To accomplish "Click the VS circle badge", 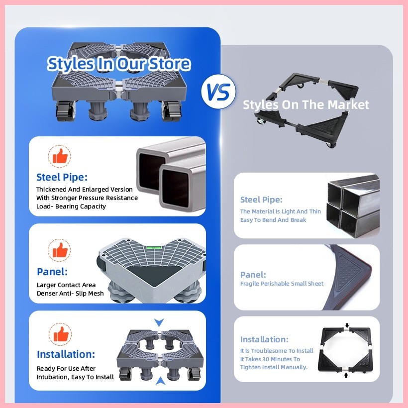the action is pos(218,92).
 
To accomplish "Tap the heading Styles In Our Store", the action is pos(119,64).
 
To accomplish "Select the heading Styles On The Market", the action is pos(306,104).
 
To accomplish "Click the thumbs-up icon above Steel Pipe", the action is pos(60,156).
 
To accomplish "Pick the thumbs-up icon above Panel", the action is pos(60,250).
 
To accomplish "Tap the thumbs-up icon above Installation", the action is pos(60,334).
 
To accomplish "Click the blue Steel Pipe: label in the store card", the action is pos(62,177).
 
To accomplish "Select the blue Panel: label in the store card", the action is pos(52,271).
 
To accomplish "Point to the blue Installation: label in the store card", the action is pos(66,354).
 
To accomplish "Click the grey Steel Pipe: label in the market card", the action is pos(261,200).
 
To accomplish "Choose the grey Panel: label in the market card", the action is pos(253,275).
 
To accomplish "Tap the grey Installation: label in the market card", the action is pos(264,339).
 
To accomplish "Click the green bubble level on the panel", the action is pos(154,247).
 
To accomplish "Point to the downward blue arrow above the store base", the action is pos(159,322).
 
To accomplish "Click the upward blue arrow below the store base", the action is pos(160,381).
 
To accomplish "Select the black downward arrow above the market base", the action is pos(347,325).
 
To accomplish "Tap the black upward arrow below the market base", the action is pos(346,375).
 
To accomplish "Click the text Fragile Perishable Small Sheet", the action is pos(282,284).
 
